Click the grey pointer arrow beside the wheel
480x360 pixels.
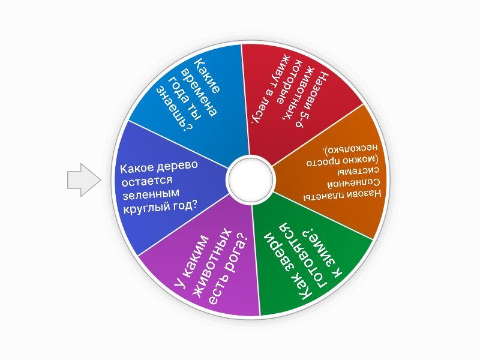[83, 179]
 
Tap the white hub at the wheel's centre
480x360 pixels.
[250, 179]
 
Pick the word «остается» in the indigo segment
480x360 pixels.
[147, 181]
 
